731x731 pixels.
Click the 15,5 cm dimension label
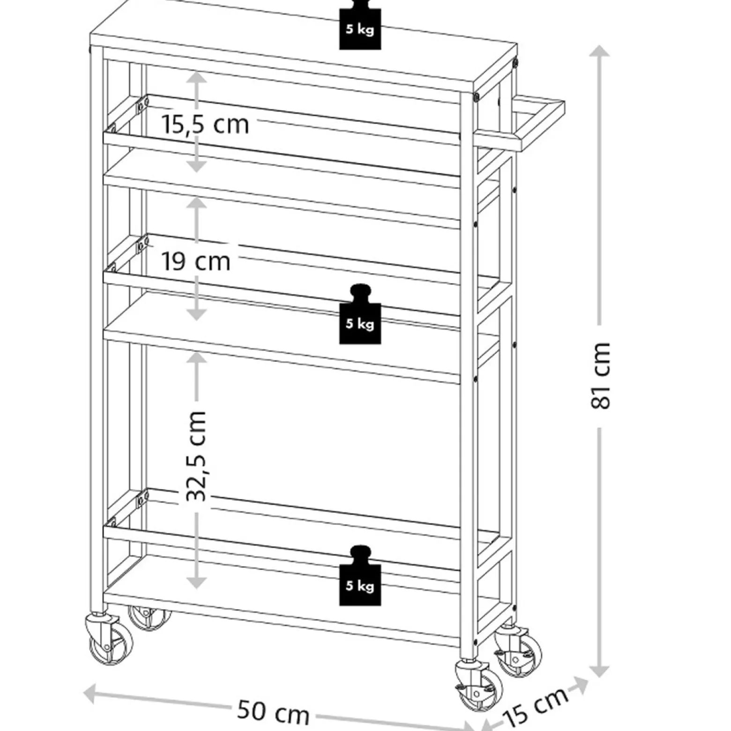205,125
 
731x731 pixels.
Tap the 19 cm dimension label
196,261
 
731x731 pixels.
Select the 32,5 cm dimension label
196,456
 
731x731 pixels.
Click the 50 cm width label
273,711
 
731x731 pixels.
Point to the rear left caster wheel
149,618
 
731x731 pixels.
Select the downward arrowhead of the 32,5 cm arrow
197,581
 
